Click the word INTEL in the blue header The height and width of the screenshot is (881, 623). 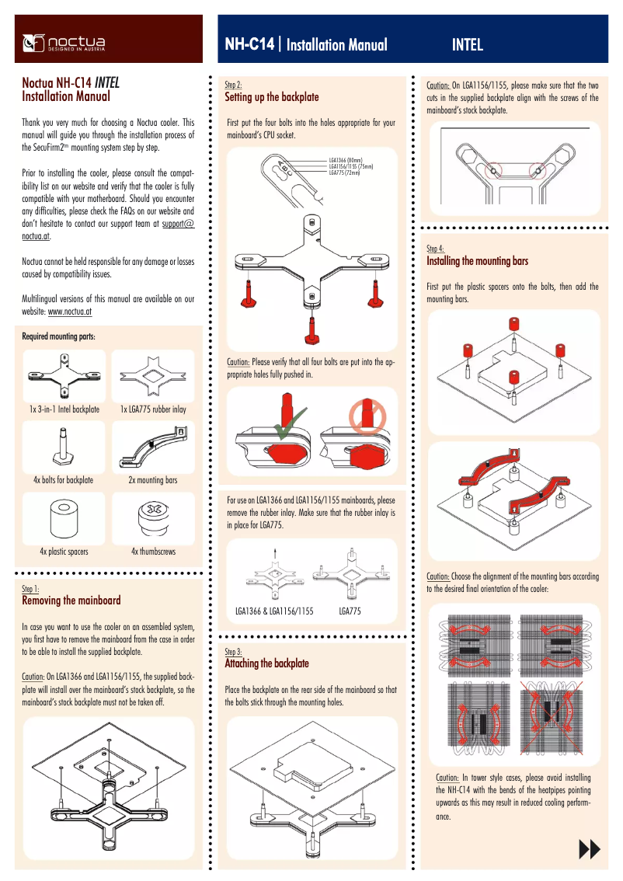click(x=467, y=45)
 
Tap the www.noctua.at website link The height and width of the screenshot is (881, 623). click(x=71, y=311)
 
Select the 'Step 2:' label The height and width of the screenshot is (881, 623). click(x=233, y=84)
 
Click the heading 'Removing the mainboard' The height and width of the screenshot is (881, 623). click(x=71, y=601)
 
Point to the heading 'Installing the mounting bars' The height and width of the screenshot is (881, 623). click(x=477, y=262)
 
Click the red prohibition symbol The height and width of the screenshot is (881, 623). click(x=360, y=415)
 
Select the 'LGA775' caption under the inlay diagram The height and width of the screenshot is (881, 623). click(x=350, y=611)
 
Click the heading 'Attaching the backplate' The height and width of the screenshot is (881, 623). click(x=266, y=663)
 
